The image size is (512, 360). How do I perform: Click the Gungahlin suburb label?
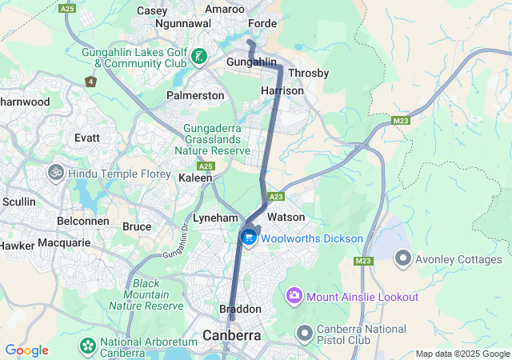pos(251,62)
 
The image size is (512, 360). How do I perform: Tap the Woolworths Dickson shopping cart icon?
pos(249,238)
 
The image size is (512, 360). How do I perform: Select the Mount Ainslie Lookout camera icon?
pos(294,297)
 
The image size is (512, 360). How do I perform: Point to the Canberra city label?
pos(232,335)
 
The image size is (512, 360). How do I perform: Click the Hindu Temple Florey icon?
pos(56,173)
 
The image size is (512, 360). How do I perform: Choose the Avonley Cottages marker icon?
pos(402,258)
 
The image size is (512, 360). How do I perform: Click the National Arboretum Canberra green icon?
pos(87,346)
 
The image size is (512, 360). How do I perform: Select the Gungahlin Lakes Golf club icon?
pos(198,57)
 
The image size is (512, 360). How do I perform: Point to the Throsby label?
pos(308,73)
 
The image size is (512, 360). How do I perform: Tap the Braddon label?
pos(240,309)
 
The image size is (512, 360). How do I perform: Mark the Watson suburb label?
pos(286,217)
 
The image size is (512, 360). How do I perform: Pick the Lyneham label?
pos(215,218)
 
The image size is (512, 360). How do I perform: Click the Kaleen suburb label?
pos(195,178)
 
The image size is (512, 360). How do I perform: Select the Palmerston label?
pos(195,95)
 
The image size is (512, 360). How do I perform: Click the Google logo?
pos(26,350)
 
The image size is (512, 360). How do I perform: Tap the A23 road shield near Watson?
pos(277,197)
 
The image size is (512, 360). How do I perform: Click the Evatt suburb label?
pos(87,138)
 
